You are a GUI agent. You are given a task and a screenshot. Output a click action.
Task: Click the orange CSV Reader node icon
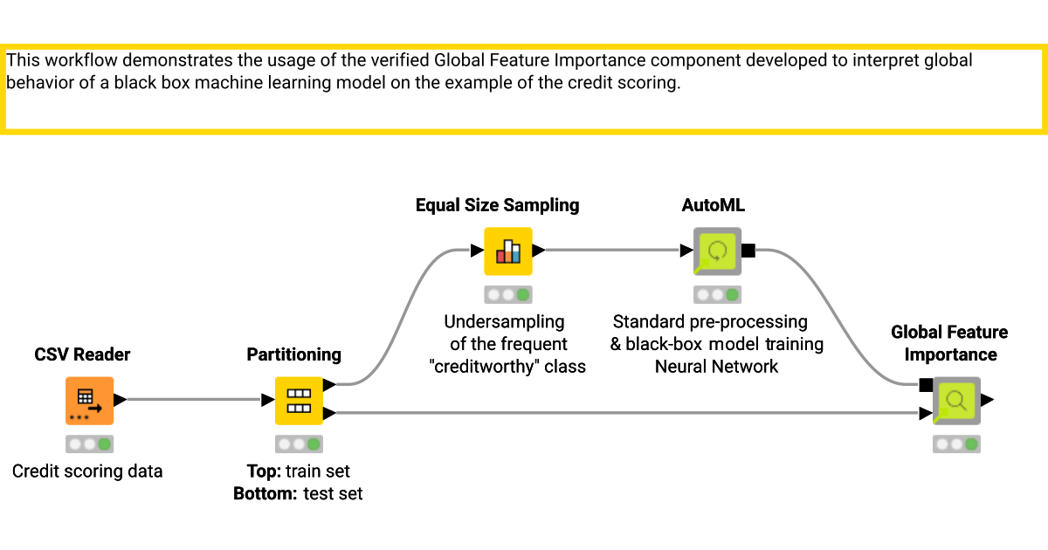[x=89, y=401]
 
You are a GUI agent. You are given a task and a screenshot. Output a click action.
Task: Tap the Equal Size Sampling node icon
[x=508, y=251]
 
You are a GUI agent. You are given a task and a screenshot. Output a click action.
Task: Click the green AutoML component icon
[x=717, y=251]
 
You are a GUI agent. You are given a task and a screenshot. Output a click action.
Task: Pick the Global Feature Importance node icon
[x=956, y=401]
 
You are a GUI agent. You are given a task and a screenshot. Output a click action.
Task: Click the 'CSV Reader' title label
[x=82, y=354]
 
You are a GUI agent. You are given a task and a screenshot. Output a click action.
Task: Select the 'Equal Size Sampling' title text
[x=497, y=205]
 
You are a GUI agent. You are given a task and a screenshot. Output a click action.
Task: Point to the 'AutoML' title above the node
[x=713, y=205]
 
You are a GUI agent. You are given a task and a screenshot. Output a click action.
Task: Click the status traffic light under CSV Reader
[x=89, y=444]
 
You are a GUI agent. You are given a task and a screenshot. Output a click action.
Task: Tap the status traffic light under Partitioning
[x=299, y=444]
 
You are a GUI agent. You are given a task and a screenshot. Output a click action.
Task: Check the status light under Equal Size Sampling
[x=508, y=295]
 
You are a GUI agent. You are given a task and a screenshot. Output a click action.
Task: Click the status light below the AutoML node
[x=717, y=295]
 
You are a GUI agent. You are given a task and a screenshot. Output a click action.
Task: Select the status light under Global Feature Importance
[x=956, y=444]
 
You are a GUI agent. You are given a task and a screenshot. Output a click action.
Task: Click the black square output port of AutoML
[x=748, y=251]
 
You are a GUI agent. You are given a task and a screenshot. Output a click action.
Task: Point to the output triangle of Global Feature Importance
[x=987, y=401]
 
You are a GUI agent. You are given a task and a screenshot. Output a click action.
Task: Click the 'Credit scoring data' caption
[x=87, y=471]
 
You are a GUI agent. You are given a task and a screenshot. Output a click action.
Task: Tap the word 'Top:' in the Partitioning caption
[x=264, y=471]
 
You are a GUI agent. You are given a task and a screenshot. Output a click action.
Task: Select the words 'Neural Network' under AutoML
[x=716, y=366]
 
